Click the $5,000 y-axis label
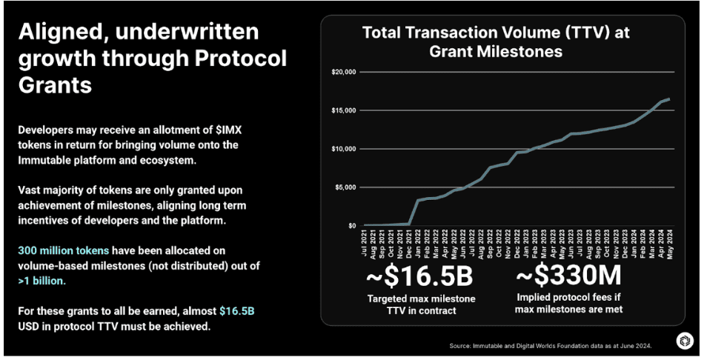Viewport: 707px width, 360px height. click(x=345, y=187)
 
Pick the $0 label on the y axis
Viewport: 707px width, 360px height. click(x=352, y=226)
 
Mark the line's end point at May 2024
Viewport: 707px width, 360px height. click(x=669, y=99)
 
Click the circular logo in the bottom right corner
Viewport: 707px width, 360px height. click(x=685, y=341)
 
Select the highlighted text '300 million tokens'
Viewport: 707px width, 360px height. click(x=63, y=251)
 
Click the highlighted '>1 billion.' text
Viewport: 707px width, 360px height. click(x=42, y=281)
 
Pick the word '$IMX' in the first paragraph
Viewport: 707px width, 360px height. click(x=223, y=130)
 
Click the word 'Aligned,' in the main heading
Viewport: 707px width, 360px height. click(x=65, y=32)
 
